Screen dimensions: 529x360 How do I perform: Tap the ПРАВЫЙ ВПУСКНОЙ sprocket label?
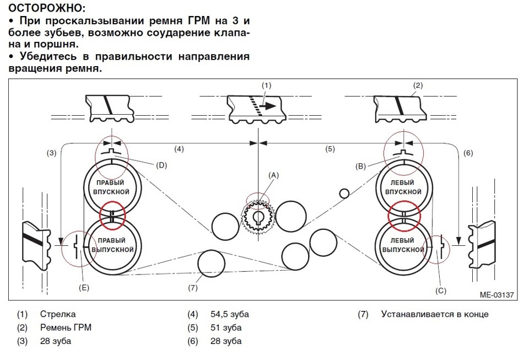point(112,187)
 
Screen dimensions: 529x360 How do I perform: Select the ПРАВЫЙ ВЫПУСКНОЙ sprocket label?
point(112,245)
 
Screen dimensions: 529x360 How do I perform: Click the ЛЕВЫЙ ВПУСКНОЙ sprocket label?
point(403,187)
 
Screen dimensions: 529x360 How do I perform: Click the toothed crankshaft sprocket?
point(258,218)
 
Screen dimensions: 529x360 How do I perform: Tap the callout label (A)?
point(274,175)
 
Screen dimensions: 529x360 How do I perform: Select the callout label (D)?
point(161,165)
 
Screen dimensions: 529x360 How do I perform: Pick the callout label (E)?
point(84,288)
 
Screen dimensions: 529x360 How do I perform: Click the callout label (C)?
point(441,291)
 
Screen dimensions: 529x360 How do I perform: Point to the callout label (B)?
point(360,166)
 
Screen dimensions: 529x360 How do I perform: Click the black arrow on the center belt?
point(269,106)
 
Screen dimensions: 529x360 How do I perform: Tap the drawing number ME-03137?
point(496,295)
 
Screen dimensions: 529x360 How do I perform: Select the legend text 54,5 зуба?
point(229,314)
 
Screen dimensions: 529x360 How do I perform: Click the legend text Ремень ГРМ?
point(66,327)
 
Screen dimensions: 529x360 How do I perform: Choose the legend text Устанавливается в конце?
point(435,314)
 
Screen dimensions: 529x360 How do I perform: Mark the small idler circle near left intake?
point(344,194)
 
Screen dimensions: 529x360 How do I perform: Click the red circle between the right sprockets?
point(112,215)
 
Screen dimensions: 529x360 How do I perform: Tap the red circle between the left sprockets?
point(404,216)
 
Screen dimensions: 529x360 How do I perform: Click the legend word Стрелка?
point(58,314)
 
